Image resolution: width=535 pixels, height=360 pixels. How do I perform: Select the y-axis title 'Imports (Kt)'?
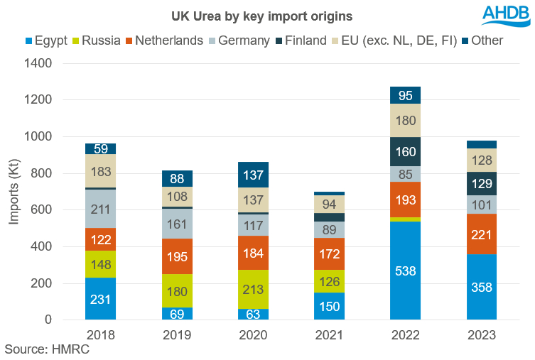(14, 192)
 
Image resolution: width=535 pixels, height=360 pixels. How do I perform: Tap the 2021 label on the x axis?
(329, 334)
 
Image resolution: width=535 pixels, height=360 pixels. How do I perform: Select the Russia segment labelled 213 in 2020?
(253, 289)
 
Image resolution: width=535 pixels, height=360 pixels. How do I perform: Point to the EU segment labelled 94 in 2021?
(329, 204)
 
